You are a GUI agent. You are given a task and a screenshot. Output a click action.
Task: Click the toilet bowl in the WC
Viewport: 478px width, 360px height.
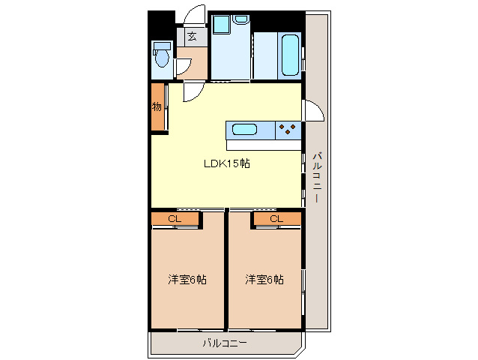coord(162,58)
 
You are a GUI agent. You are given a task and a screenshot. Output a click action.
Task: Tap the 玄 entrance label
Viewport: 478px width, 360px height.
coord(192,36)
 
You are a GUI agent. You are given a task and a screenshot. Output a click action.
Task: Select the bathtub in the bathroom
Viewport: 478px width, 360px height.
coord(290,55)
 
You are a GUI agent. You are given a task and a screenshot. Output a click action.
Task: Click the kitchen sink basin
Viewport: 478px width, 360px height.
coord(244,129)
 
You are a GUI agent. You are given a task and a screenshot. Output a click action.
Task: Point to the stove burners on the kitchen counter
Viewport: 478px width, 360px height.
coord(288,129)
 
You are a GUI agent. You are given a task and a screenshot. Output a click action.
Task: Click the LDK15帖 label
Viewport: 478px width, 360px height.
coord(227,163)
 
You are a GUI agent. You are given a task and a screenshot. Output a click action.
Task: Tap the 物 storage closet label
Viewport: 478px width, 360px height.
coord(157,106)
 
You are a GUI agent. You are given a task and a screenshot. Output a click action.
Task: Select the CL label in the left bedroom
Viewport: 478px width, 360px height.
coord(175,218)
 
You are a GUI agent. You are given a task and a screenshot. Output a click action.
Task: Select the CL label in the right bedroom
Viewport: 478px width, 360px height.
coord(276,218)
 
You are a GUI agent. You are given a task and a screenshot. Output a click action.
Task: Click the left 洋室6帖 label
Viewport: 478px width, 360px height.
coord(187,280)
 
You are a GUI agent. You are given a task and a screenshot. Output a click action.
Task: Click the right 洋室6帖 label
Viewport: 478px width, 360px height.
coord(264,280)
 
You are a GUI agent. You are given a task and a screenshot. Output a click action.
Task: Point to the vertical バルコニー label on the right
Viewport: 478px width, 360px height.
coord(318,177)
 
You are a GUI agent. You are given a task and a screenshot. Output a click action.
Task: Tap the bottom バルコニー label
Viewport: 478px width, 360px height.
coord(225,343)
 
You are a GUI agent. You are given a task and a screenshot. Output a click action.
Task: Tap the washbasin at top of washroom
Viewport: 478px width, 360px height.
coord(240,19)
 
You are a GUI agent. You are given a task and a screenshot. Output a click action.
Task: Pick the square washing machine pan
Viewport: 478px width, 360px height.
coord(221,23)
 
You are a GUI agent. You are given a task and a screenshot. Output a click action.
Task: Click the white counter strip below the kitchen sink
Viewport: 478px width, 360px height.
coord(264,145)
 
